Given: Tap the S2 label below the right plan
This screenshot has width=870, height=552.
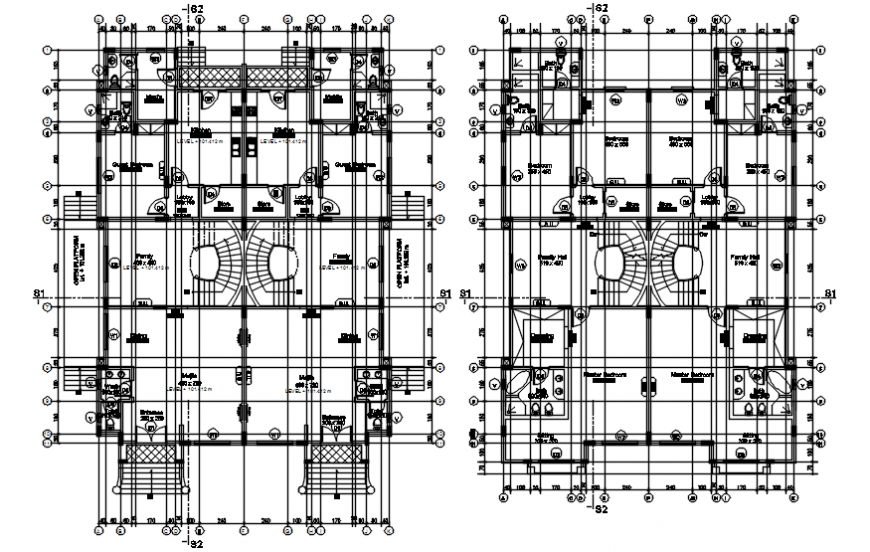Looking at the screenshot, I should [x=601, y=510].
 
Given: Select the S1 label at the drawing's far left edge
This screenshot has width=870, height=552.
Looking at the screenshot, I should [x=41, y=292].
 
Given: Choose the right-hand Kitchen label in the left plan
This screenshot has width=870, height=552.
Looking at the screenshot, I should [x=282, y=131].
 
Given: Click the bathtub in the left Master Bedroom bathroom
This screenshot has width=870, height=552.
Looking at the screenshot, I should [x=517, y=384].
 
